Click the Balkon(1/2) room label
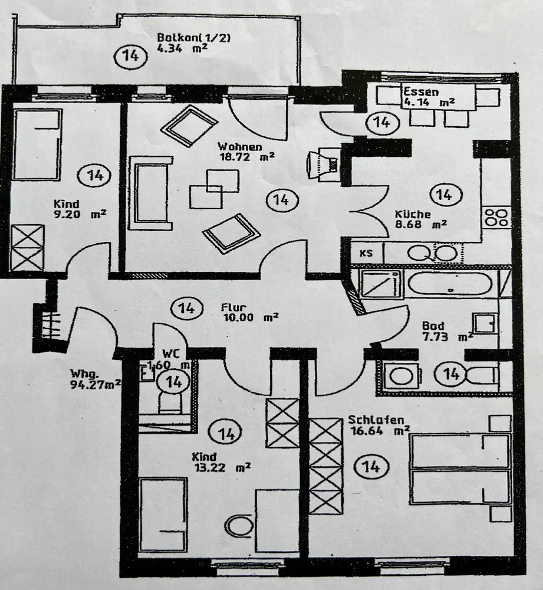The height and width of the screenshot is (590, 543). pos(193,38)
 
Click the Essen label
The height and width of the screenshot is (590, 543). pos(421,91)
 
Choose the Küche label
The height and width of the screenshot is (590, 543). pos(413,215)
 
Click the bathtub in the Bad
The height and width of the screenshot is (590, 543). pos(449,286)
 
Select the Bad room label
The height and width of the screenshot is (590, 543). pos(433,325)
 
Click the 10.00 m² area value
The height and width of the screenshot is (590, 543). pos(250,317)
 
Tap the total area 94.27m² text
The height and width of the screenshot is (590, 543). pos(96,383)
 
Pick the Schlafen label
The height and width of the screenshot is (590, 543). pos(376,420)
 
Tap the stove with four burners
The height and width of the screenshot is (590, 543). pos(496,217)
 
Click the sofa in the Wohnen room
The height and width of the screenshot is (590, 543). pos(150,192)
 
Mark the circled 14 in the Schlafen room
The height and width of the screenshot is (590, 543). pos(371,467)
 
